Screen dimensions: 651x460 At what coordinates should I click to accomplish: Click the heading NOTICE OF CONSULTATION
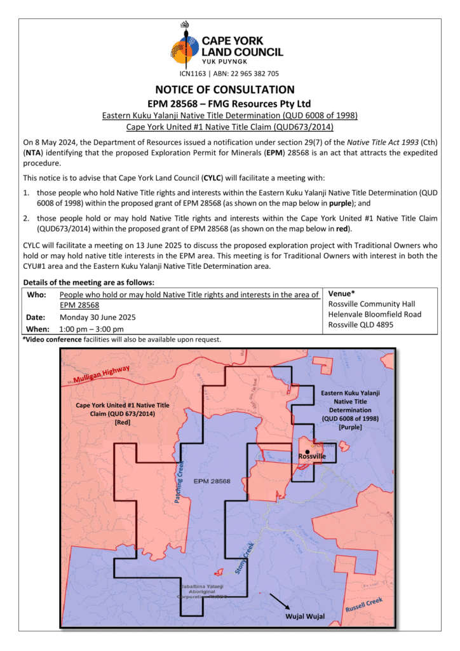[x=225, y=90]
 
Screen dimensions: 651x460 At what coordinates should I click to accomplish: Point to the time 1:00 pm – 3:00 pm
[x=91, y=329]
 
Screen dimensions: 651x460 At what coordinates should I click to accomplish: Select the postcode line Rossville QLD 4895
[x=360, y=324]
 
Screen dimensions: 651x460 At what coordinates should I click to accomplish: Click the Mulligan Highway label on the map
[x=102, y=374]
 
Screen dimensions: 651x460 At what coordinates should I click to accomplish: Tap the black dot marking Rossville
[x=308, y=451]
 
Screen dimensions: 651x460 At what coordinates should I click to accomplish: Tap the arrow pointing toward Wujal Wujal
[x=280, y=601]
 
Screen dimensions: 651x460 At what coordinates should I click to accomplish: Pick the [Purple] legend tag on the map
[x=350, y=427]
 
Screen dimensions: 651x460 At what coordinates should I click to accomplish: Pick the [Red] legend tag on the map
[x=123, y=421]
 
